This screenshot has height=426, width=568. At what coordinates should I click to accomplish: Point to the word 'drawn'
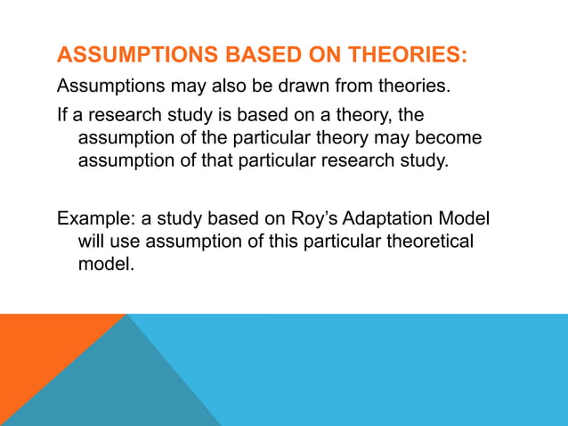click(x=309, y=87)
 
